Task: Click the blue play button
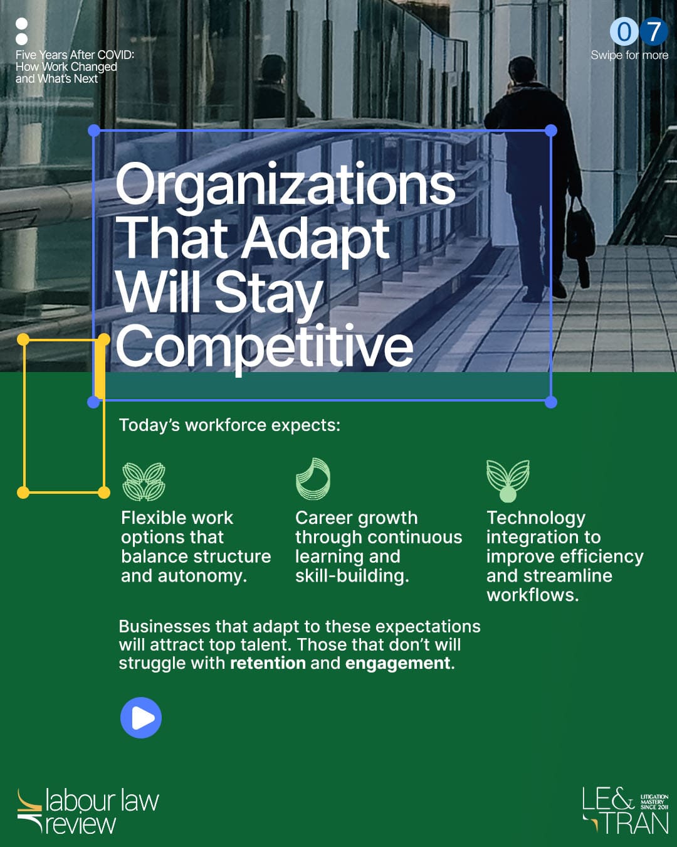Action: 141,718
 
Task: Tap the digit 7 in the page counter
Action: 653,31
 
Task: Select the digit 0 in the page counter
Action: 624,31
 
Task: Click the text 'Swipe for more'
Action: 629,55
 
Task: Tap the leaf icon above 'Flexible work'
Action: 144,481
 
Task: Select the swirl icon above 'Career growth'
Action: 313,479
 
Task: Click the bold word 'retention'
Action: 268,663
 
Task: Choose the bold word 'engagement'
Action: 397,664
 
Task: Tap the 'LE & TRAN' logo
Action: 625,811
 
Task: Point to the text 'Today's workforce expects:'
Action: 229,425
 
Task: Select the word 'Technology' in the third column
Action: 536,518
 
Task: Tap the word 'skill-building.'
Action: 352,576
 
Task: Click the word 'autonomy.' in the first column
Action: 202,576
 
